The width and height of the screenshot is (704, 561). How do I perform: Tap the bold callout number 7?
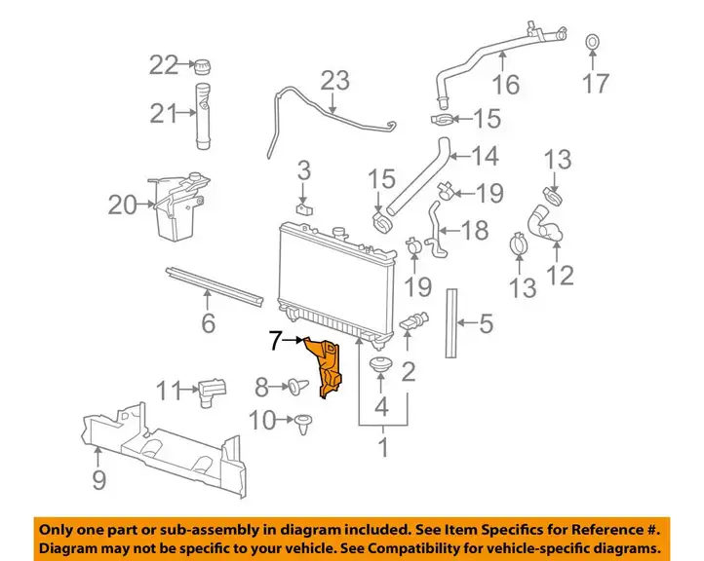277,340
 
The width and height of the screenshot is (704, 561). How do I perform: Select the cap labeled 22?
203,67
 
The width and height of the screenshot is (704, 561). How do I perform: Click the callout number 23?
335,81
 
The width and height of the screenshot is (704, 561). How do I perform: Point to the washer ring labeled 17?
592,42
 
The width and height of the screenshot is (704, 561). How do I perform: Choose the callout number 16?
506,84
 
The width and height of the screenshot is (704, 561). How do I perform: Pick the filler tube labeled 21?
203,116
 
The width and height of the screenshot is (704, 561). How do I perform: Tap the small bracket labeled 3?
304,209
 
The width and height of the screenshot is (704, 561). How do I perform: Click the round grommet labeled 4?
380,364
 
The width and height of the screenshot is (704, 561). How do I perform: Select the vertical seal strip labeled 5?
451,323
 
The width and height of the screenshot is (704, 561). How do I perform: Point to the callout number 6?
209,322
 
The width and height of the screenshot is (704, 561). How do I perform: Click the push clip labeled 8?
298,387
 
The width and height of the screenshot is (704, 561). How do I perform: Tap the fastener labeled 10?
304,424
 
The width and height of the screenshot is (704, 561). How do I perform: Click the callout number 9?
98,479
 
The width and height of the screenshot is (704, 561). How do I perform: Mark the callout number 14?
486,156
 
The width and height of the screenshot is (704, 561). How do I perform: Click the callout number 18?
475,230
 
